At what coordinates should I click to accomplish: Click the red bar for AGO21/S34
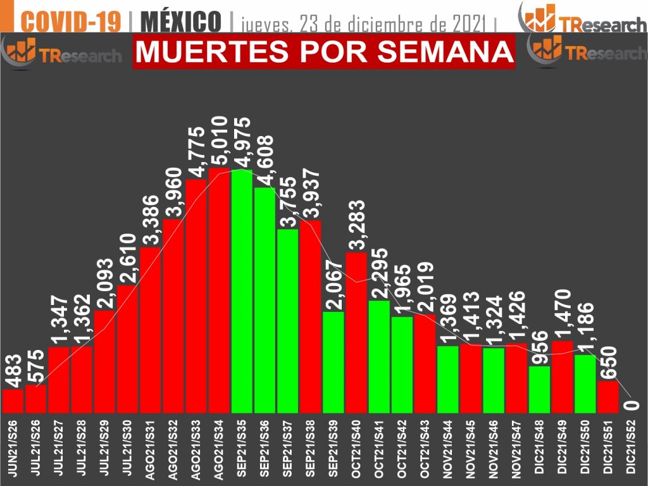tap(219, 291)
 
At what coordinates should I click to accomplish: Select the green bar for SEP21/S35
tap(242, 291)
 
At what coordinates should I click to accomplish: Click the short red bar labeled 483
tap(13, 400)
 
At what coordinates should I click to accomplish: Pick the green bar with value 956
tap(539, 389)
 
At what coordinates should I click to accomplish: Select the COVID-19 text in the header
tap(70, 21)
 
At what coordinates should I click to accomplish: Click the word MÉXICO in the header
tap(180, 21)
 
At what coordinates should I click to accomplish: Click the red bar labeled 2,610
tap(127, 348)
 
